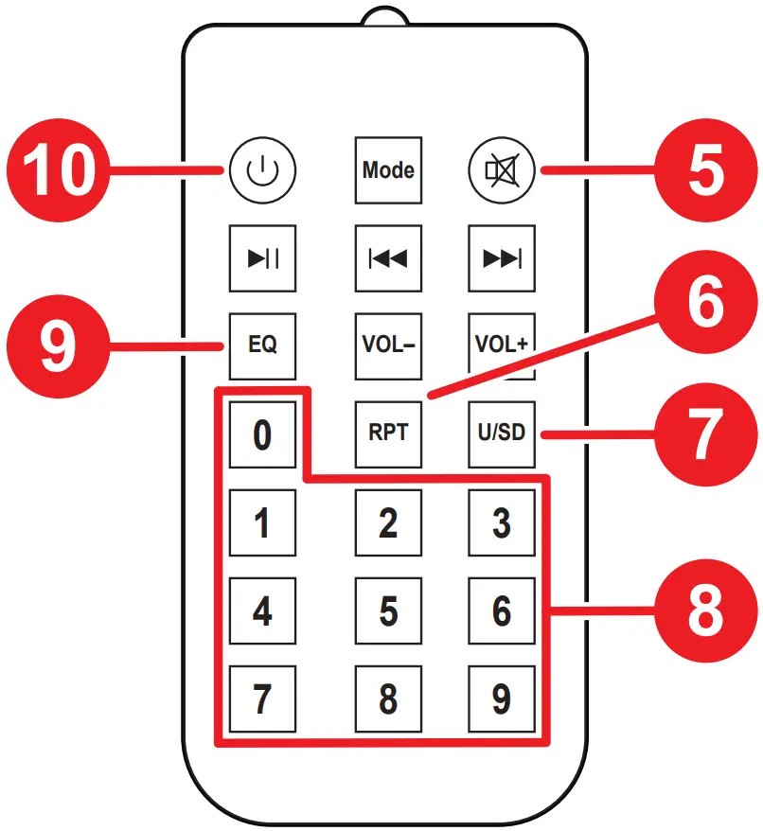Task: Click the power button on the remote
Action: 261,170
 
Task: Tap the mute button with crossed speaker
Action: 502,170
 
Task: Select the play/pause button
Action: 262,257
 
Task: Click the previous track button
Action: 388,257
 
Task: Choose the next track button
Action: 502,257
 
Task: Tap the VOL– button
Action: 388,345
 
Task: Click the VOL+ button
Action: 502,345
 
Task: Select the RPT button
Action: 388,433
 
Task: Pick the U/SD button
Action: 502,433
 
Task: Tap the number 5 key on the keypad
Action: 388,611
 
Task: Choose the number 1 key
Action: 262,523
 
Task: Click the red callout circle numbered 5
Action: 705,171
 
